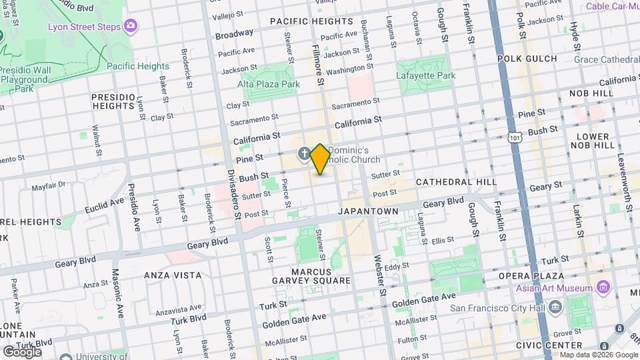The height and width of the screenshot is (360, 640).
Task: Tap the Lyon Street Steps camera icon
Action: [131, 26]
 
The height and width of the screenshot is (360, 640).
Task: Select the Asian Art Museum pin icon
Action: [604, 288]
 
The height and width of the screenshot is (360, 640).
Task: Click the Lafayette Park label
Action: [426, 75]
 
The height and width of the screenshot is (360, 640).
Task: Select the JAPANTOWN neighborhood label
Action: [368, 211]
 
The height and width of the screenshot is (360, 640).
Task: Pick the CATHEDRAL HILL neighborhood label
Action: [456, 181]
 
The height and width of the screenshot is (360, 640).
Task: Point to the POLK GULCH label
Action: [527, 59]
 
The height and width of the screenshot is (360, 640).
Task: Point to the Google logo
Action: [22, 351]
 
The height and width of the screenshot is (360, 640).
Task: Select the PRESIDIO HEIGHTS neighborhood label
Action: [113, 101]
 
